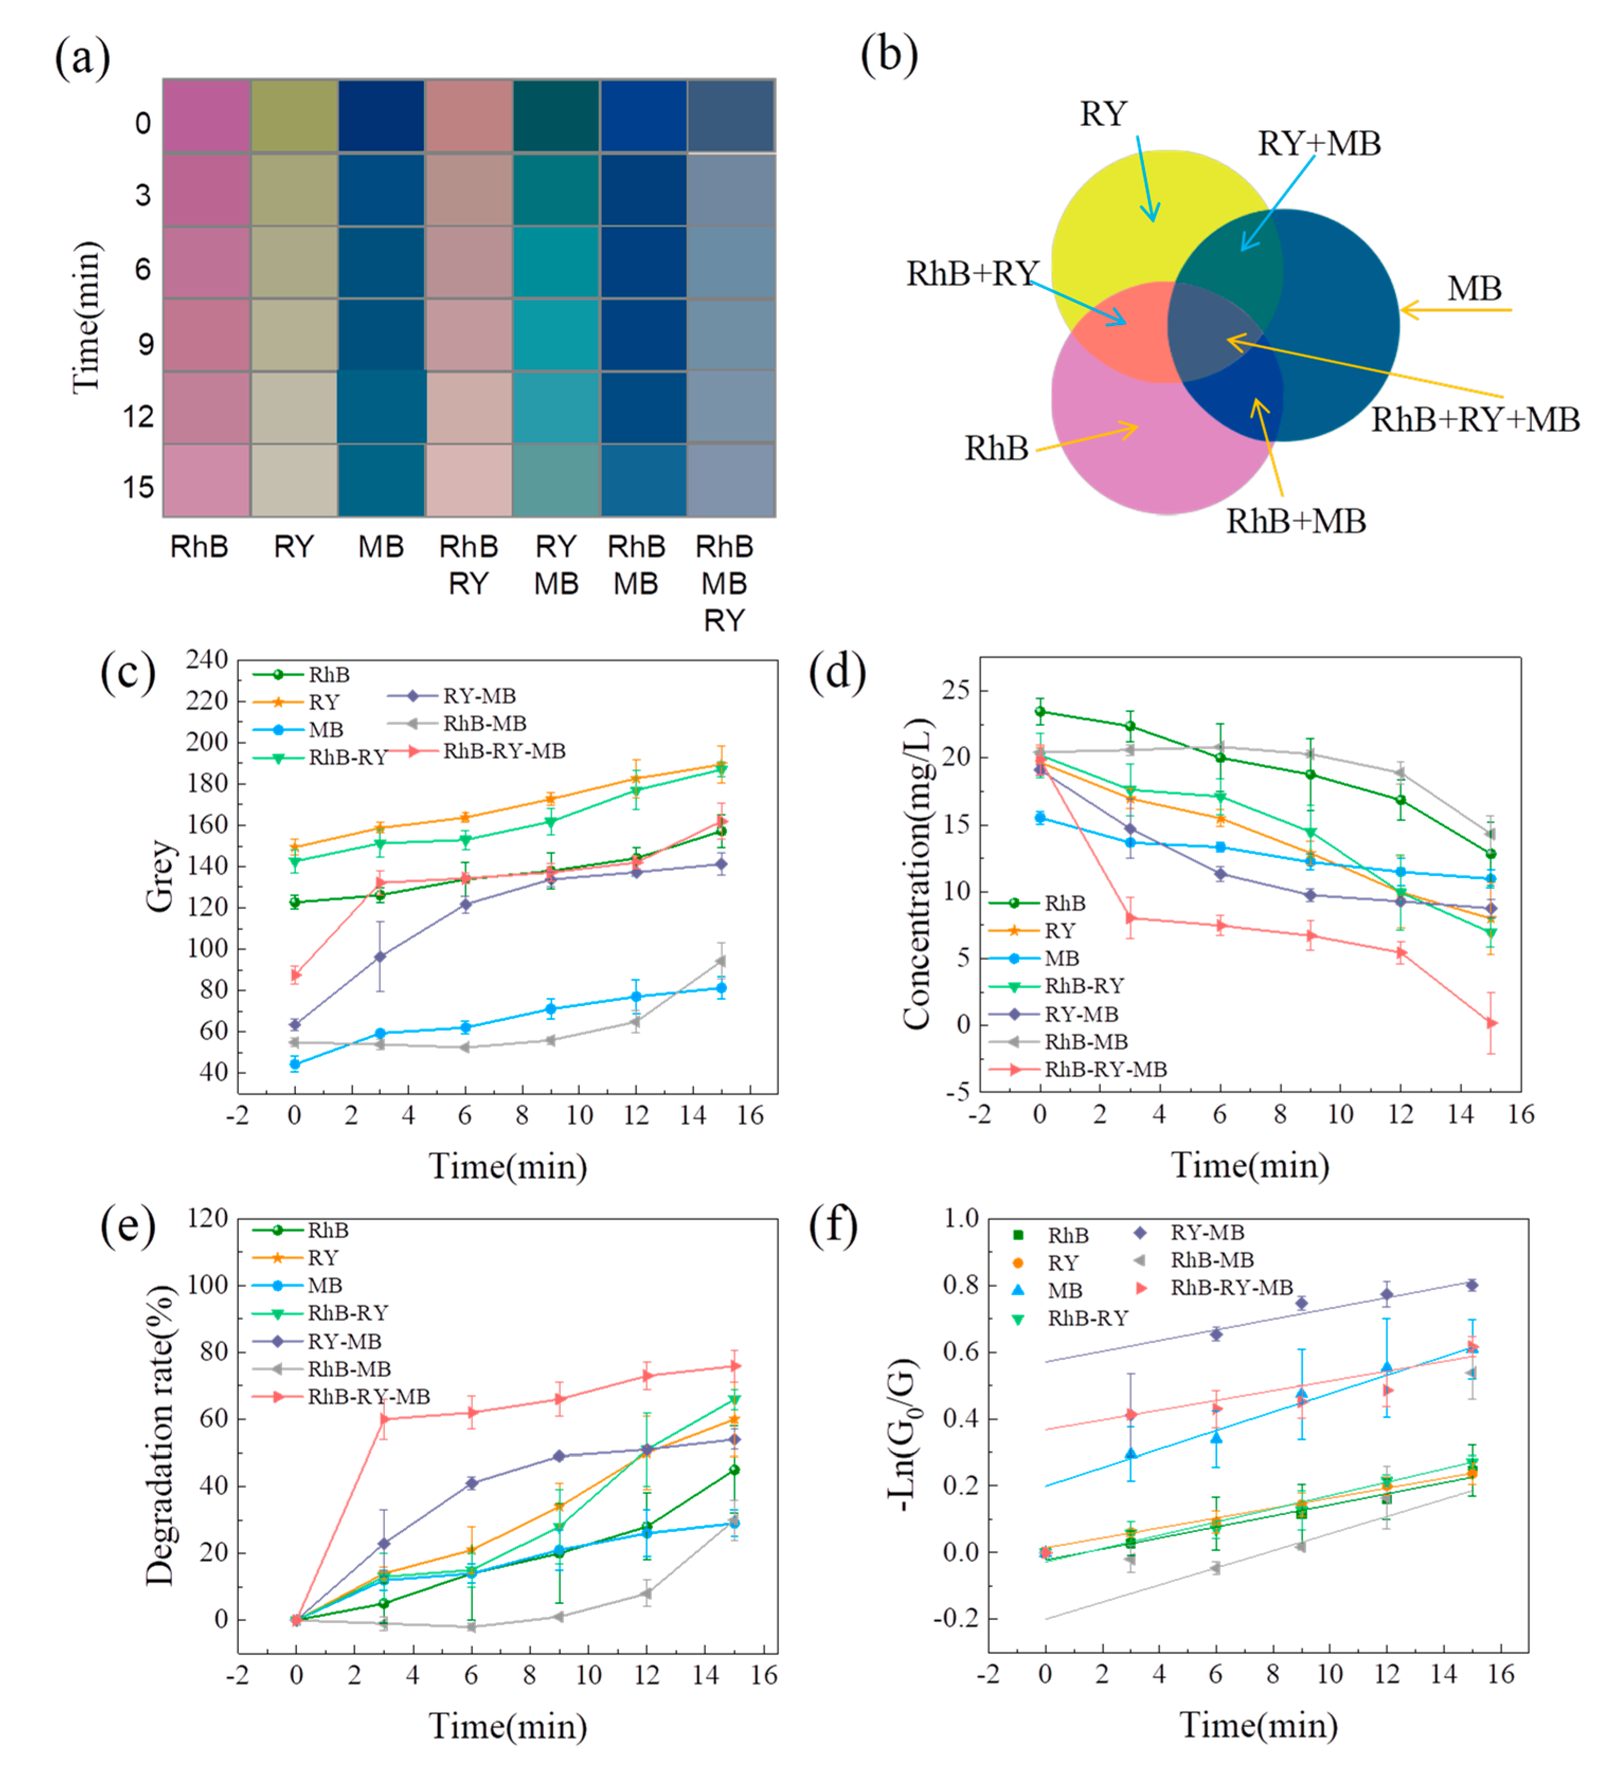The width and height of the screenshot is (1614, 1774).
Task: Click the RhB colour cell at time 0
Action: pyautogui.click(x=207, y=116)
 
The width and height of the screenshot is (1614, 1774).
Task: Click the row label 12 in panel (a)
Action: pyautogui.click(x=138, y=416)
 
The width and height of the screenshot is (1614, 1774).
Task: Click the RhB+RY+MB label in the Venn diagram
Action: pyautogui.click(x=1475, y=420)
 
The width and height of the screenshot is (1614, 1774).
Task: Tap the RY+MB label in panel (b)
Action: pyautogui.click(x=1318, y=143)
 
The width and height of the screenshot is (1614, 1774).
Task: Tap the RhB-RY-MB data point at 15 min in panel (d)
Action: pyautogui.click(x=1491, y=1022)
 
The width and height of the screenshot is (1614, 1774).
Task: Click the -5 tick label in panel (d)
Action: pyautogui.click(x=958, y=1092)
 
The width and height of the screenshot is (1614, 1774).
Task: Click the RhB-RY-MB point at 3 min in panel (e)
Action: pyautogui.click(x=383, y=1418)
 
